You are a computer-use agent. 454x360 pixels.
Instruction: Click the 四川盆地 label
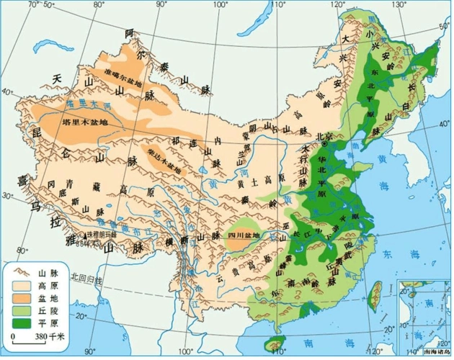coord(244,235)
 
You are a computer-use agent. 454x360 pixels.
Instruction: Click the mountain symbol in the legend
coord(19,271)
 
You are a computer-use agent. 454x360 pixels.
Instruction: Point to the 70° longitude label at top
coord(31,5)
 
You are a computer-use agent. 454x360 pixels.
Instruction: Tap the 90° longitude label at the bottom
coord(91,352)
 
